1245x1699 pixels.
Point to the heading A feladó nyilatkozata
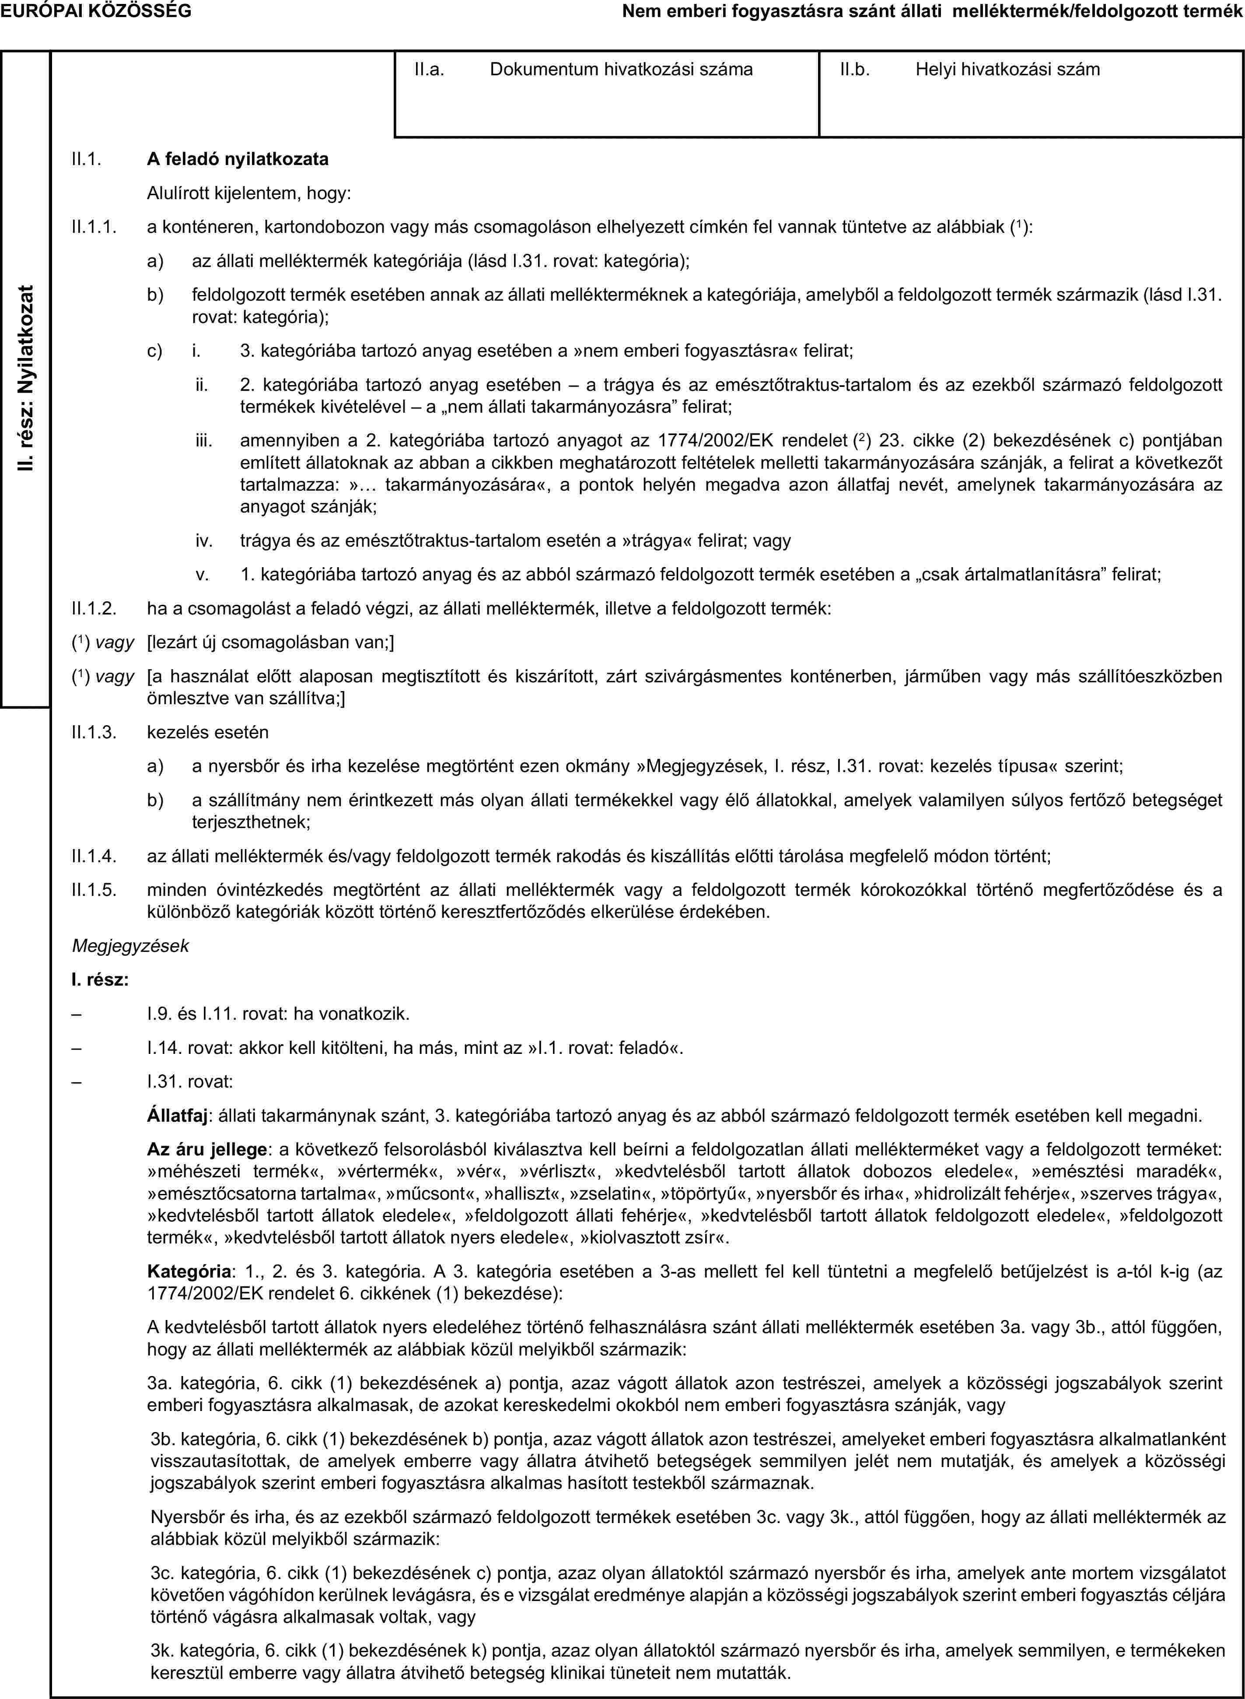238,159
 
